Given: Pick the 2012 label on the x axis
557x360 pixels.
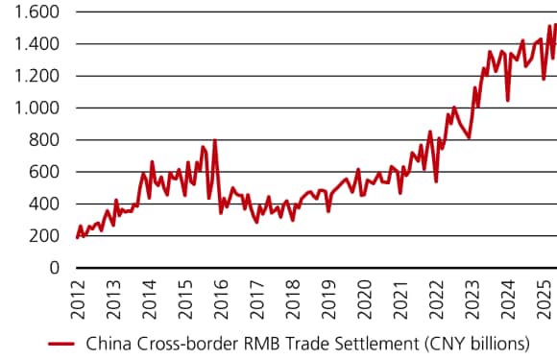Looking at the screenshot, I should (77, 295).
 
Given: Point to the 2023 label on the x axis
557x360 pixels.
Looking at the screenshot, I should (472, 295).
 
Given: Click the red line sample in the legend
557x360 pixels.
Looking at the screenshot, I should (61, 343).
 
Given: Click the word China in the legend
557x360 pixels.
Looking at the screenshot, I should (108, 343).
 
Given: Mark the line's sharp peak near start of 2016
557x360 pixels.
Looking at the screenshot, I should (215, 141).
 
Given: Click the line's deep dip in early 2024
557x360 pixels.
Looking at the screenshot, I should (507, 100).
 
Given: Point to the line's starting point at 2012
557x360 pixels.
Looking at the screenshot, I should (77, 237).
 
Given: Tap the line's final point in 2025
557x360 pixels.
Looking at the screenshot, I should (555, 26).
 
